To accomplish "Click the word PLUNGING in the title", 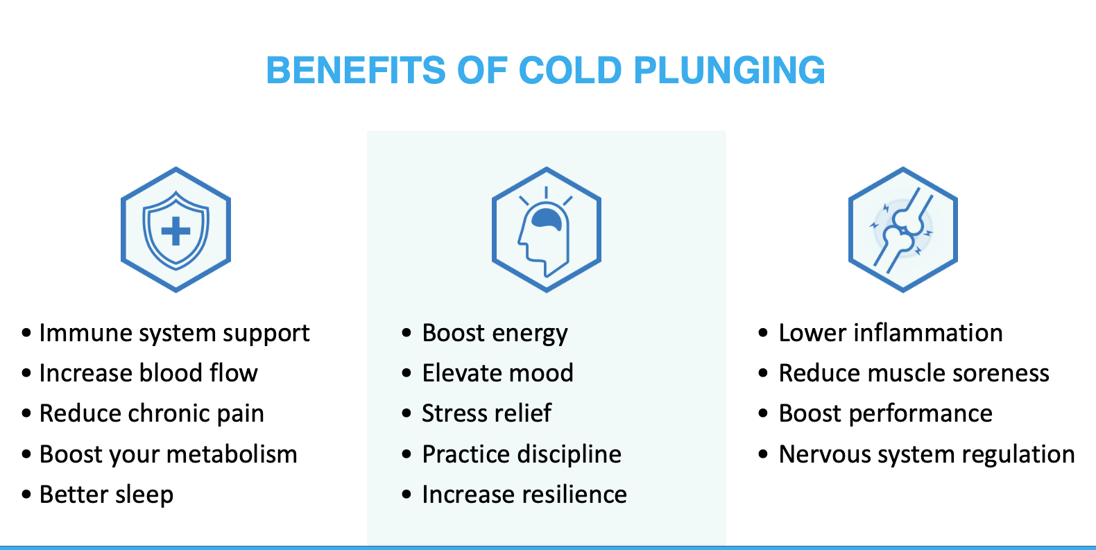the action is pos(729,70).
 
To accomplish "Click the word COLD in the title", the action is pos(570,70).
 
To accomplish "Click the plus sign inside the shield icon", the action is pos(175,231).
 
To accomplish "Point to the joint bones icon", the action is pos(902,230).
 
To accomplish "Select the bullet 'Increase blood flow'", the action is pos(148,373).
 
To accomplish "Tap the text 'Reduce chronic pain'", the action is pos(152,414).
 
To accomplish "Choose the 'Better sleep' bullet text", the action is pos(106,495).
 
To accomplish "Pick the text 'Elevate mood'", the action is pos(497,373).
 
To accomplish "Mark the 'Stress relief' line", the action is pos(487,413).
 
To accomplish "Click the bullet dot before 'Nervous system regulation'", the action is pos(763,454).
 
